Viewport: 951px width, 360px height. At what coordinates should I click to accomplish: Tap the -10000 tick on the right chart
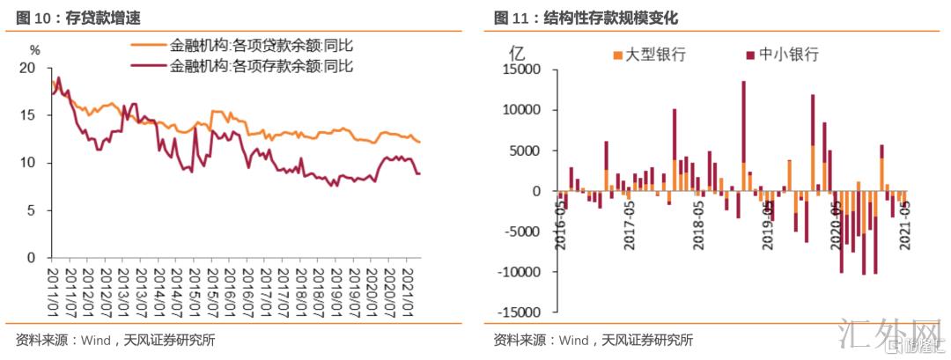click(x=522, y=272)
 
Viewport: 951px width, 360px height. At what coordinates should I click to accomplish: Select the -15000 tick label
click(x=522, y=312)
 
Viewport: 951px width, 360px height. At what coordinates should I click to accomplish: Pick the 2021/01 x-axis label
click(x=408, y=290)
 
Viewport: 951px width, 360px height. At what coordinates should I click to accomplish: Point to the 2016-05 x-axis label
click(x=560, y=224)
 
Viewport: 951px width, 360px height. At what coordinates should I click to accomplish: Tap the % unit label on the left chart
click(x=34, y=50)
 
